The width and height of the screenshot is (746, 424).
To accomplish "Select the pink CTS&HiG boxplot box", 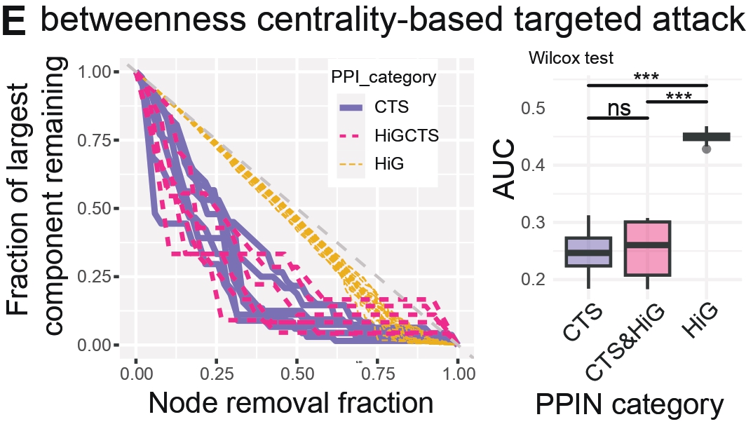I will pyautogui.click(x=647, y=249).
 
